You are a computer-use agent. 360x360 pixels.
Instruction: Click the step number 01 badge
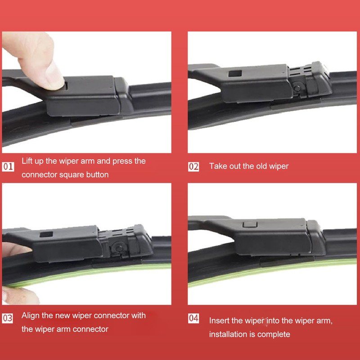point(9,167)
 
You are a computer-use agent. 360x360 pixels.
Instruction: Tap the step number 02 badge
point(193,166)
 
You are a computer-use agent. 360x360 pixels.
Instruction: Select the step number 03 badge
point(8,318)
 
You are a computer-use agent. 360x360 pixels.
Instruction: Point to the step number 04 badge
point(193,318)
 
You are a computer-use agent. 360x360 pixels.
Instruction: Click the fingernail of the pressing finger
point(55,72)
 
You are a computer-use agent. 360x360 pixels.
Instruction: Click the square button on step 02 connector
point(234,74)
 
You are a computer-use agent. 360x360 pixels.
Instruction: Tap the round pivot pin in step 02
point(297,87)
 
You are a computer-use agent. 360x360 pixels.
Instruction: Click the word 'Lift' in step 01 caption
point(27,161)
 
